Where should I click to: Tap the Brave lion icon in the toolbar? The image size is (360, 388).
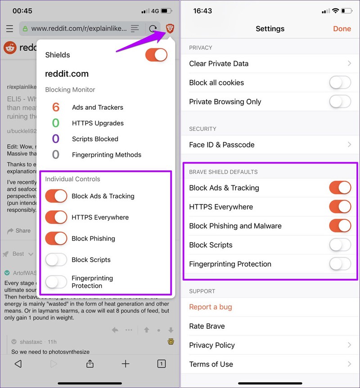coord(170,28)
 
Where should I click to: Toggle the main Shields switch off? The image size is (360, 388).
coord(156,55)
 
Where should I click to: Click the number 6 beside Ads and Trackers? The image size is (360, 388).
coord(56,107)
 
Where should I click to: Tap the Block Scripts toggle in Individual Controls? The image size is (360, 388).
coord(56,259)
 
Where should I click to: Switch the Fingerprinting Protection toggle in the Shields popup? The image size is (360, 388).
coord(56,282)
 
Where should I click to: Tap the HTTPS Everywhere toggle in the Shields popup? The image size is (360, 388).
coord(56,217)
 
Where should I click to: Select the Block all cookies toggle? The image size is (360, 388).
coord(340,83)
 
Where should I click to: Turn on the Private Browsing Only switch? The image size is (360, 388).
coord(340,102)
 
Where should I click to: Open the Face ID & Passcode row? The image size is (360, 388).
coord(270,145)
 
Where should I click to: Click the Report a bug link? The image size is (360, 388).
coord(211,307)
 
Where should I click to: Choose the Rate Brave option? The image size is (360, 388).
coord(207,326)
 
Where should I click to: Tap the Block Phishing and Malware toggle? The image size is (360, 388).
coord(340,226)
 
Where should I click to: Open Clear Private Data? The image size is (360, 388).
coord(270,63)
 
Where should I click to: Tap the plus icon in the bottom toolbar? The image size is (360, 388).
coord(126,364)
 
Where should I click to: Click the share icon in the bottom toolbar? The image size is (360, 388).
coord(90,364)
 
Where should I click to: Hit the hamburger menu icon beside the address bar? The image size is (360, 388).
coord(9,29)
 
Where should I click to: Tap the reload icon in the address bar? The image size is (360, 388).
coord(153,29)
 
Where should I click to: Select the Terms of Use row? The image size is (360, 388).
coord(270,364)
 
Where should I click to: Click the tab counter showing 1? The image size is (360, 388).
coord(162,364)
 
